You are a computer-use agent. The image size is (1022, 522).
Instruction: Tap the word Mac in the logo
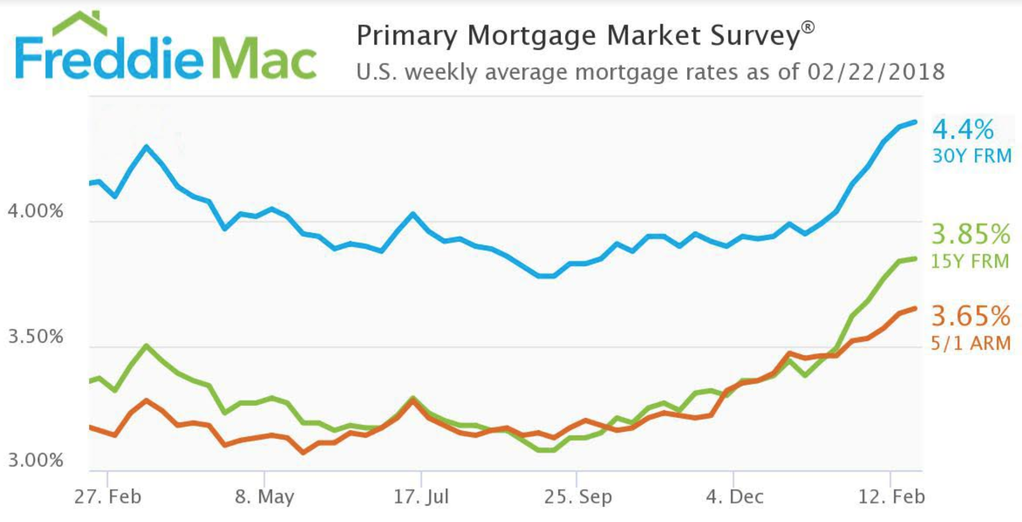click(264, 60)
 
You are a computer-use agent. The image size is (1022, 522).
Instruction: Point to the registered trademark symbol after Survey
click(808, 27)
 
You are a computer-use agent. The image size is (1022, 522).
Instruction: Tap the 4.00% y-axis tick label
click(36, 211)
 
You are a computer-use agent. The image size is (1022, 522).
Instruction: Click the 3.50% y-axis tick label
click(36, 336)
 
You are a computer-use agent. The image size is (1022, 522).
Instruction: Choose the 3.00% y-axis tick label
click(36, 460)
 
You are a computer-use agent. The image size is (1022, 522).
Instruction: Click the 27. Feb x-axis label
click(108, 497)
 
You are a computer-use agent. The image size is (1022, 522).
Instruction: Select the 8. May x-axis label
click(264, 497)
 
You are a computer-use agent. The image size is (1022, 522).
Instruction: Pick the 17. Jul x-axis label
click(421, 497)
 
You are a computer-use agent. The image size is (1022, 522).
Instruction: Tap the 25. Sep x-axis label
click(577, 497)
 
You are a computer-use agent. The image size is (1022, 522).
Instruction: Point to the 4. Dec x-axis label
click(734, 497)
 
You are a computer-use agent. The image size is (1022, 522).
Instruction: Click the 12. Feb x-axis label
click(891, 497)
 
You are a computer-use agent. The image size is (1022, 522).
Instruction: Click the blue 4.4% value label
click(963, 130)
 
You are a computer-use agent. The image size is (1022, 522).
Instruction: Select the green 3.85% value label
click(971, 234)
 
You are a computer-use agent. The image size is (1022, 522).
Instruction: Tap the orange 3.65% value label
click(971, 316)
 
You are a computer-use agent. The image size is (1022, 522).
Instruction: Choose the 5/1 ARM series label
click(971, 343)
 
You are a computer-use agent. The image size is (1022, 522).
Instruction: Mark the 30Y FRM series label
click(971, 156)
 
